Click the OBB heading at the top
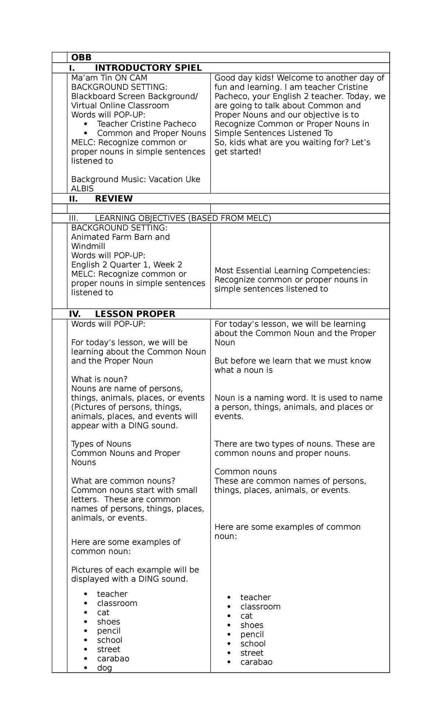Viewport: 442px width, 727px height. pyautogui.click(x=81, y=57)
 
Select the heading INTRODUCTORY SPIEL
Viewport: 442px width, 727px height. pyautogui.click(x=148, y=68)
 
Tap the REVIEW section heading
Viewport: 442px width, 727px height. pyautogui.click(x=113, y=199)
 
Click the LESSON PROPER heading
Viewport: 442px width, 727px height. pyautogui.click(x=135, y=314)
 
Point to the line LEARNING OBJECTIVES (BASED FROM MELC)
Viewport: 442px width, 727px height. pyautogui.click(x=183, y=218)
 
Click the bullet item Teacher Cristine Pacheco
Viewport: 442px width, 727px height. pyautogui.click(x=146, y=124)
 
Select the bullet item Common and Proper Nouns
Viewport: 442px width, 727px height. pyautogui.click(x=151, y=133)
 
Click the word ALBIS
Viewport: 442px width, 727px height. pyautogui.click(x=83, y=188)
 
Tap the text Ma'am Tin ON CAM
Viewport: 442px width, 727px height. pyautogui.click(x=109, y=78)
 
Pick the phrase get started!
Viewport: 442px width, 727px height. pyautogui.click(x=238, y=152)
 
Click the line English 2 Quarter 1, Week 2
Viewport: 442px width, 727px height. pyautogui.click(x=127, y=265)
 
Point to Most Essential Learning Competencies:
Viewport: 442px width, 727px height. pyautogui.click(x=292, y=270)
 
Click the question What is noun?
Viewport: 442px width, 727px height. pyautogui.click(x=99, y=379)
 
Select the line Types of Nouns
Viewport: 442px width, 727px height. pyautogui.click(x=101, y=444)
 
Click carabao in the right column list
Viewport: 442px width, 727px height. pyautogui.click(x=256, y=662)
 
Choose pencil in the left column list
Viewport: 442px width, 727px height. pyautogui.click(x=109, y=631)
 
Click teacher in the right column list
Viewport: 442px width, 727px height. pyautogui.click(x=255, y=597)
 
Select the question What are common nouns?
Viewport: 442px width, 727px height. pyautogui.click(x=123, y=481)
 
